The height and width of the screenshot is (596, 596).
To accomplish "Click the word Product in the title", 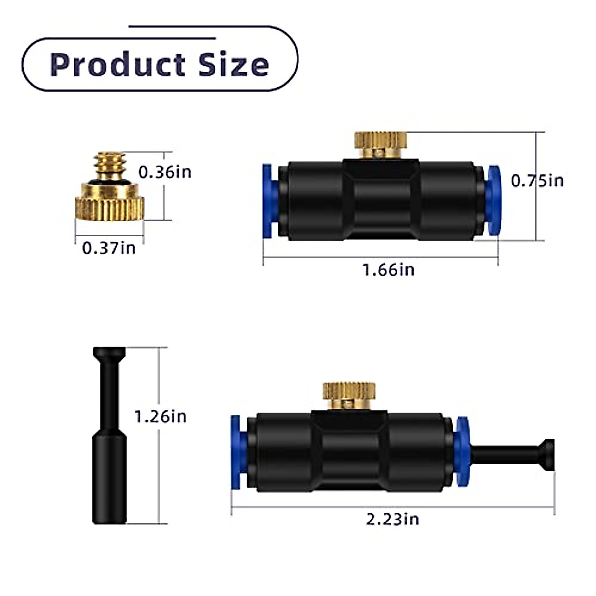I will click(117, 65).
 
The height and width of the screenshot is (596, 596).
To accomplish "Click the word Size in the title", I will click(233, 65).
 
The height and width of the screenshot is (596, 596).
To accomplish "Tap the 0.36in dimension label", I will click(164, 172).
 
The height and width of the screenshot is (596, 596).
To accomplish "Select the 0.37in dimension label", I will click(109, 247).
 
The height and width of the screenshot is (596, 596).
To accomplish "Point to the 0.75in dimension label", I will click(537, 180).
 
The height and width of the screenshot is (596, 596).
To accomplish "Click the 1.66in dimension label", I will click(388, 270).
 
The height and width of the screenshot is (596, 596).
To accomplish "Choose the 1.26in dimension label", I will click(160, 416).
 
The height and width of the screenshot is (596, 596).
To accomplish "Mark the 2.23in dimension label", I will click(392, 519).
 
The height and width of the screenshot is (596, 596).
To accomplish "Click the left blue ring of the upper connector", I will click(268, 201).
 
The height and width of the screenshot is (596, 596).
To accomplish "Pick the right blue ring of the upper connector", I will click(494, 201).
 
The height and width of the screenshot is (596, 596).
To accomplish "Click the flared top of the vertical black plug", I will click(109, 355).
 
